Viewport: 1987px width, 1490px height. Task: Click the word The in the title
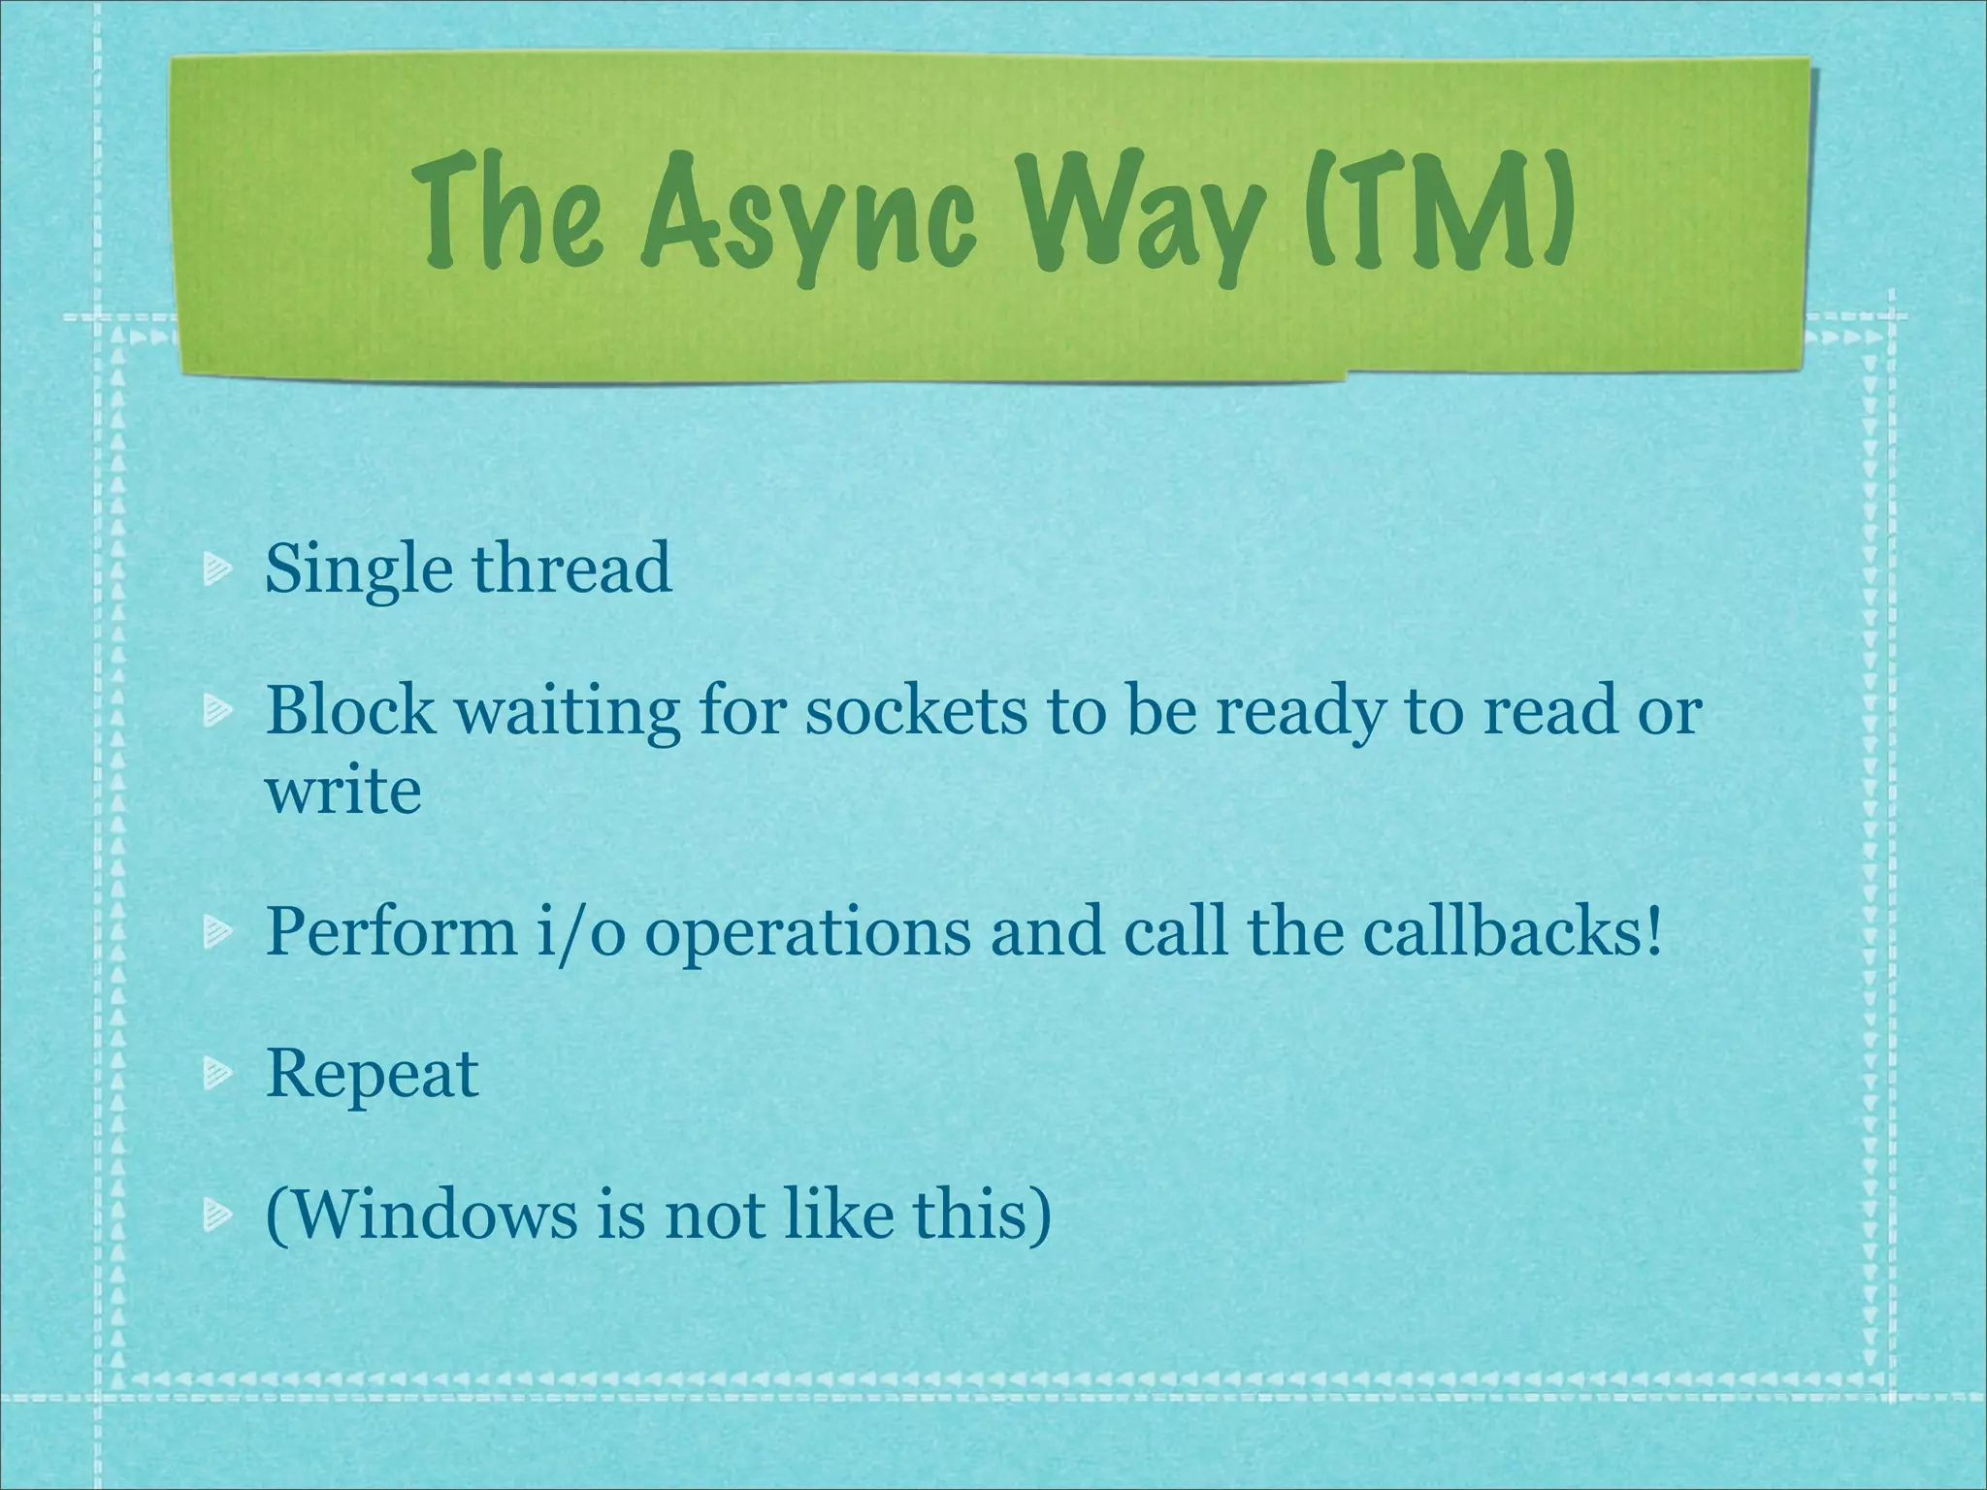(515, 208)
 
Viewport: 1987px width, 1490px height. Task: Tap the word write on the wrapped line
(343, 790)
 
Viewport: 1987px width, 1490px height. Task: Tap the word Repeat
(373, 1074)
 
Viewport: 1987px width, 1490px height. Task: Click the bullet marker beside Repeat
(216, 1072)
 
